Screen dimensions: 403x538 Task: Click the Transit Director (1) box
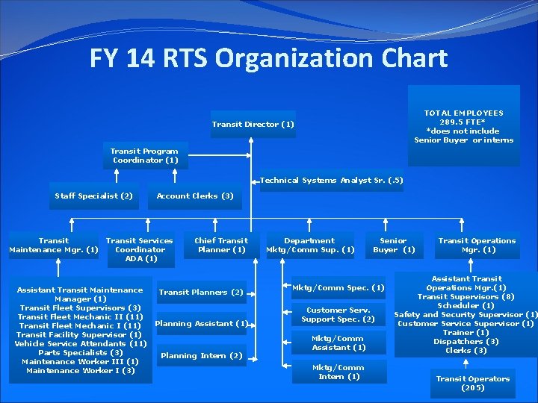point(253,124)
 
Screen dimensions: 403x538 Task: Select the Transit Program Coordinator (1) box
point(145,156)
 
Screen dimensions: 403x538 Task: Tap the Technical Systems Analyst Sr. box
point(332,181)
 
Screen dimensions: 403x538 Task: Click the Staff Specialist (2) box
point(93,196)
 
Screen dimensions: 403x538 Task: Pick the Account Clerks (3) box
point(195,196)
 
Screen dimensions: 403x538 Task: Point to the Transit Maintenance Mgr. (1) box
point(54,246)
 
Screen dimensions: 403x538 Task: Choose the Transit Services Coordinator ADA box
point(140,250)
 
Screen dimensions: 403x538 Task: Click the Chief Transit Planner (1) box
point(221,246)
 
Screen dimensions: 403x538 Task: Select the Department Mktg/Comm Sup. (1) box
point(310,246)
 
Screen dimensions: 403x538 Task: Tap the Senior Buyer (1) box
point(393,246)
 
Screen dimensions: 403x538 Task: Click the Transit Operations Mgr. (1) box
point(477,246)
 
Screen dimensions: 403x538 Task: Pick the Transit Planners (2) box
point(202,292)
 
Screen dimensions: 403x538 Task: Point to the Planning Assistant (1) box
point(201,324)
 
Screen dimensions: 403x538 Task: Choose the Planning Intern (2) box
point(202,356)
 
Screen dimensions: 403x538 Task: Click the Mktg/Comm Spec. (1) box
point(338,288)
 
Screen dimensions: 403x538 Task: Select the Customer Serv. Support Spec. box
point(338,315)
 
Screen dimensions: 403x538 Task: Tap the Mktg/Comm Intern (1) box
point(338,372)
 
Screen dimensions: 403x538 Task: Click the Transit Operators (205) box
point(473,383)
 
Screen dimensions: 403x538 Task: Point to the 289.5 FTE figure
point(463,122)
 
